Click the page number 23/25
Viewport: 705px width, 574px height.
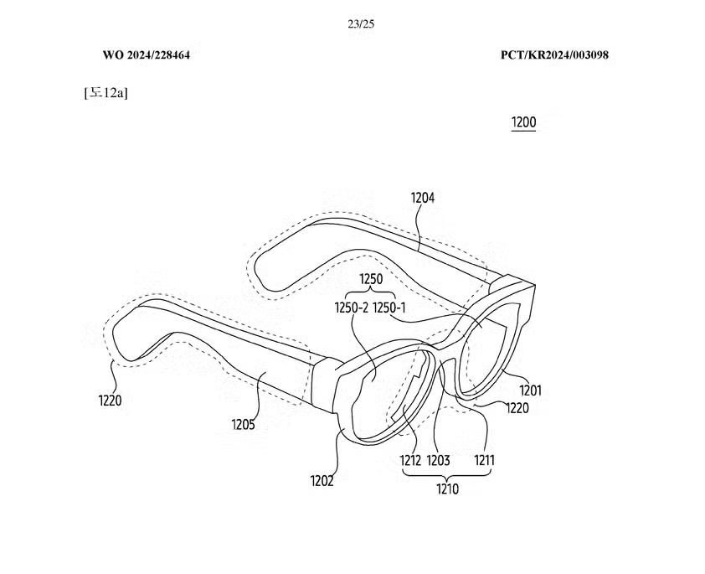tap(361, 23)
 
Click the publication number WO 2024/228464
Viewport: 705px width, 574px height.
tap(147, 54)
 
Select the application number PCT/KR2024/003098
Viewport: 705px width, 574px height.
tap(555, 54)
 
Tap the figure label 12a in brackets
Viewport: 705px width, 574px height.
tap(106, 93)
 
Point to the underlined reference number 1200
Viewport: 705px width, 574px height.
tap(524, 122)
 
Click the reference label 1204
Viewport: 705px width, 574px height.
tap(423, 198)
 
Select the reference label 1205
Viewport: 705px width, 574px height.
tap(243, 424)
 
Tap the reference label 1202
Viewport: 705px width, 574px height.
tap(322, 481)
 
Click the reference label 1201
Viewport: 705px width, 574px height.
tap(531, 390)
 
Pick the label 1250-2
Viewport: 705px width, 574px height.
tap(352, 308)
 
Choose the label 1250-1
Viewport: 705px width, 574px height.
tap(389, 308)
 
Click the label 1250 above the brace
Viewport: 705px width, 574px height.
tap(371, 279)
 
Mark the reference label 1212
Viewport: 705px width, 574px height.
tap(410, 460)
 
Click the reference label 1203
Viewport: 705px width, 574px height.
tap(438, 460)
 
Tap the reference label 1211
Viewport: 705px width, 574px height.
tap(485, 460)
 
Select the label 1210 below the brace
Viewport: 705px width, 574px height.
tap(447, 489)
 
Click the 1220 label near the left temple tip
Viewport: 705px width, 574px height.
tap(111, 400)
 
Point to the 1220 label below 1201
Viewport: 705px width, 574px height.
tap(517, 408)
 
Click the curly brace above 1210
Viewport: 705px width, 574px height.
tap(447, 474)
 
